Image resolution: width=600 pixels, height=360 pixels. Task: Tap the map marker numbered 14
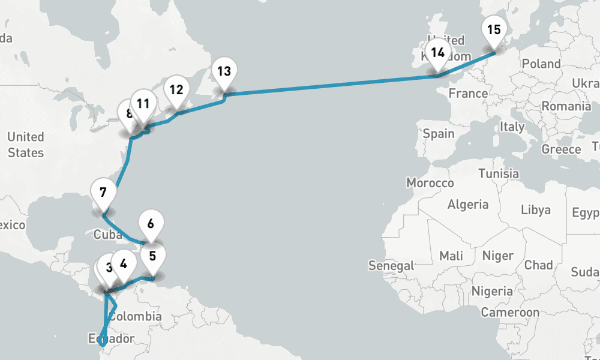pos(438,53)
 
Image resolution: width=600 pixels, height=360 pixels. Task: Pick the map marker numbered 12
pos(176,91)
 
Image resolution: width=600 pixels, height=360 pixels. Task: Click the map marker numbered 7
pos(103,193)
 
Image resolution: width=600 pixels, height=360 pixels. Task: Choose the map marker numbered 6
pos(151,224)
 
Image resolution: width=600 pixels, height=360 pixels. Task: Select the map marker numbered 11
pos(143,104)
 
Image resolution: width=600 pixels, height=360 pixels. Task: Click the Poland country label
pos(541,64)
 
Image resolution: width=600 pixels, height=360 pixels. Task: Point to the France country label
pos(468,94)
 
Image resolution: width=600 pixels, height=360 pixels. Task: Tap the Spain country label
pos(439,133)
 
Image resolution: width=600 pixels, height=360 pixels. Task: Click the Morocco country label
pos(430,182)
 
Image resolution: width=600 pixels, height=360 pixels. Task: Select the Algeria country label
pos(468,205)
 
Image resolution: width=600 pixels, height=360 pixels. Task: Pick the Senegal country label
pos(391,265)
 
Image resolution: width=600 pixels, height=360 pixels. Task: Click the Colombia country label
pos(135,316)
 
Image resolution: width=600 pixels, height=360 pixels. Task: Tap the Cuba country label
pos(108,235)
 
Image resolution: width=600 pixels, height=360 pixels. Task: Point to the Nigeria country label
pos(492,292)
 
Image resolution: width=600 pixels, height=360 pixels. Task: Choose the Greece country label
pos(561,149)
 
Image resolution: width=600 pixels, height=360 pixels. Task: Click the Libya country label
pos(535,210)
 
